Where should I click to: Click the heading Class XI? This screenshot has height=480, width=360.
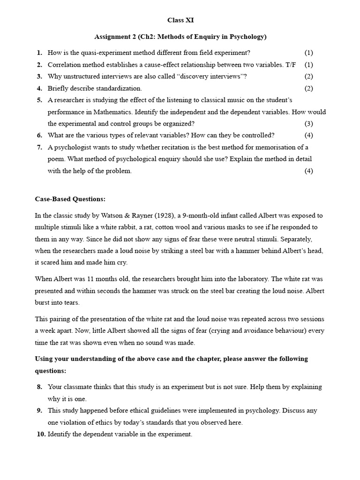[x=180, y=20]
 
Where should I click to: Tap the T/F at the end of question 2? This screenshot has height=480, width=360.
[x=291, y=65]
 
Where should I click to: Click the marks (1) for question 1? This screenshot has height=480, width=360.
[x=308, y=53]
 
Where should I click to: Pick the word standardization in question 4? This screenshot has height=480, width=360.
[x=119, y=88]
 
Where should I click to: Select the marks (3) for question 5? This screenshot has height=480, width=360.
[x=308, y=124]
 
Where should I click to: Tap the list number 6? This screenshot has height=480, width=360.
[x=39, y=135]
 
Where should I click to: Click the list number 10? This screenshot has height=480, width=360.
[x=40, y=435]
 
